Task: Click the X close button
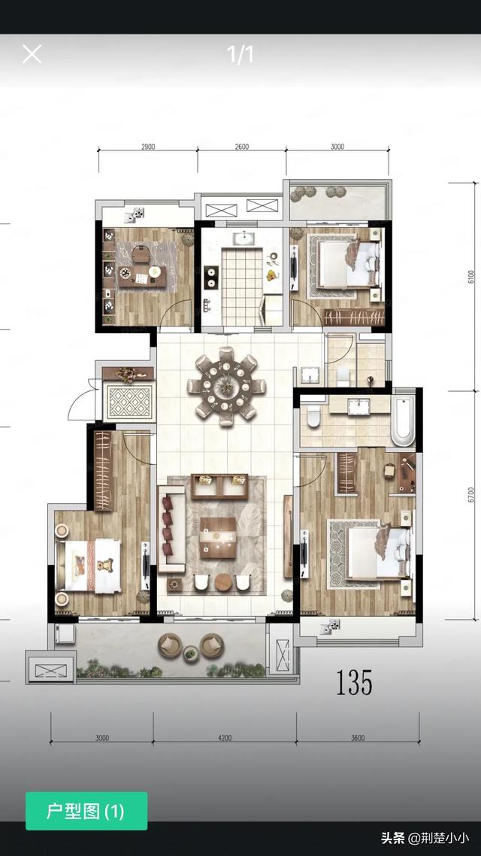tap(32, 54)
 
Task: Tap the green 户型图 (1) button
tap(86, 811)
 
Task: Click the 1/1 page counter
tap(240, 54)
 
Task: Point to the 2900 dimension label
tap(148, 147)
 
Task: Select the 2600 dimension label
tap(241, 147)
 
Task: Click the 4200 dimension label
tap(225, 738)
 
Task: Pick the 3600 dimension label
tap(358, 738)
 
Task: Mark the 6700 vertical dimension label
tap(471, 494)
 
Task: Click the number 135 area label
tap(354, 681)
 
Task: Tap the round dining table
tap(225, 386)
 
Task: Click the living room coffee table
tap(218, 537)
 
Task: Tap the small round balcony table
tap(191, 653)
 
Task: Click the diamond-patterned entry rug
tap(129, 402)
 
